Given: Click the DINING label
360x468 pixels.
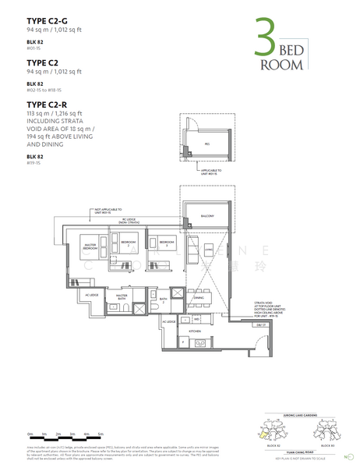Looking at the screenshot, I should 198,298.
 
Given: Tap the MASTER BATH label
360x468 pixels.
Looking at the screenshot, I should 122,296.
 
